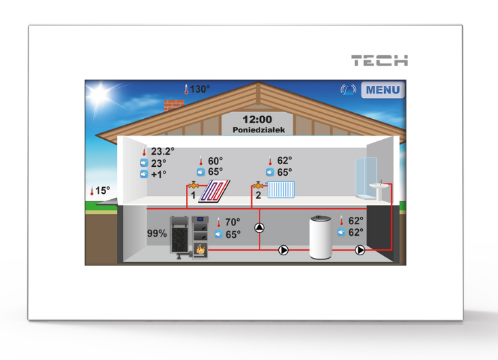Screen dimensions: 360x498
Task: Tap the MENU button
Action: coord(383,90)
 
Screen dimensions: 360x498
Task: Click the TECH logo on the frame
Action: coord(379,61)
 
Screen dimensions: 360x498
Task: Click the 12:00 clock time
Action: coord(257,119)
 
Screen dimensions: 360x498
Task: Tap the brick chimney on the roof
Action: coord(174,105)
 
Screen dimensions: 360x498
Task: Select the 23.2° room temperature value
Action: coord(163,152)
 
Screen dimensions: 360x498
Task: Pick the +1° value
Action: coord(159,174)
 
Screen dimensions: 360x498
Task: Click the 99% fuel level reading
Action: coord(157,234)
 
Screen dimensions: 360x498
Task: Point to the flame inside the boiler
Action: coord(201,249)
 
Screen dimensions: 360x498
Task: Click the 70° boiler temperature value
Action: coord(232,222)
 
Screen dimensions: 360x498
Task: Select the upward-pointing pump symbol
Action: coord(260,228)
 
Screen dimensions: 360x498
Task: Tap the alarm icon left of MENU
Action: coord(349,90)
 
